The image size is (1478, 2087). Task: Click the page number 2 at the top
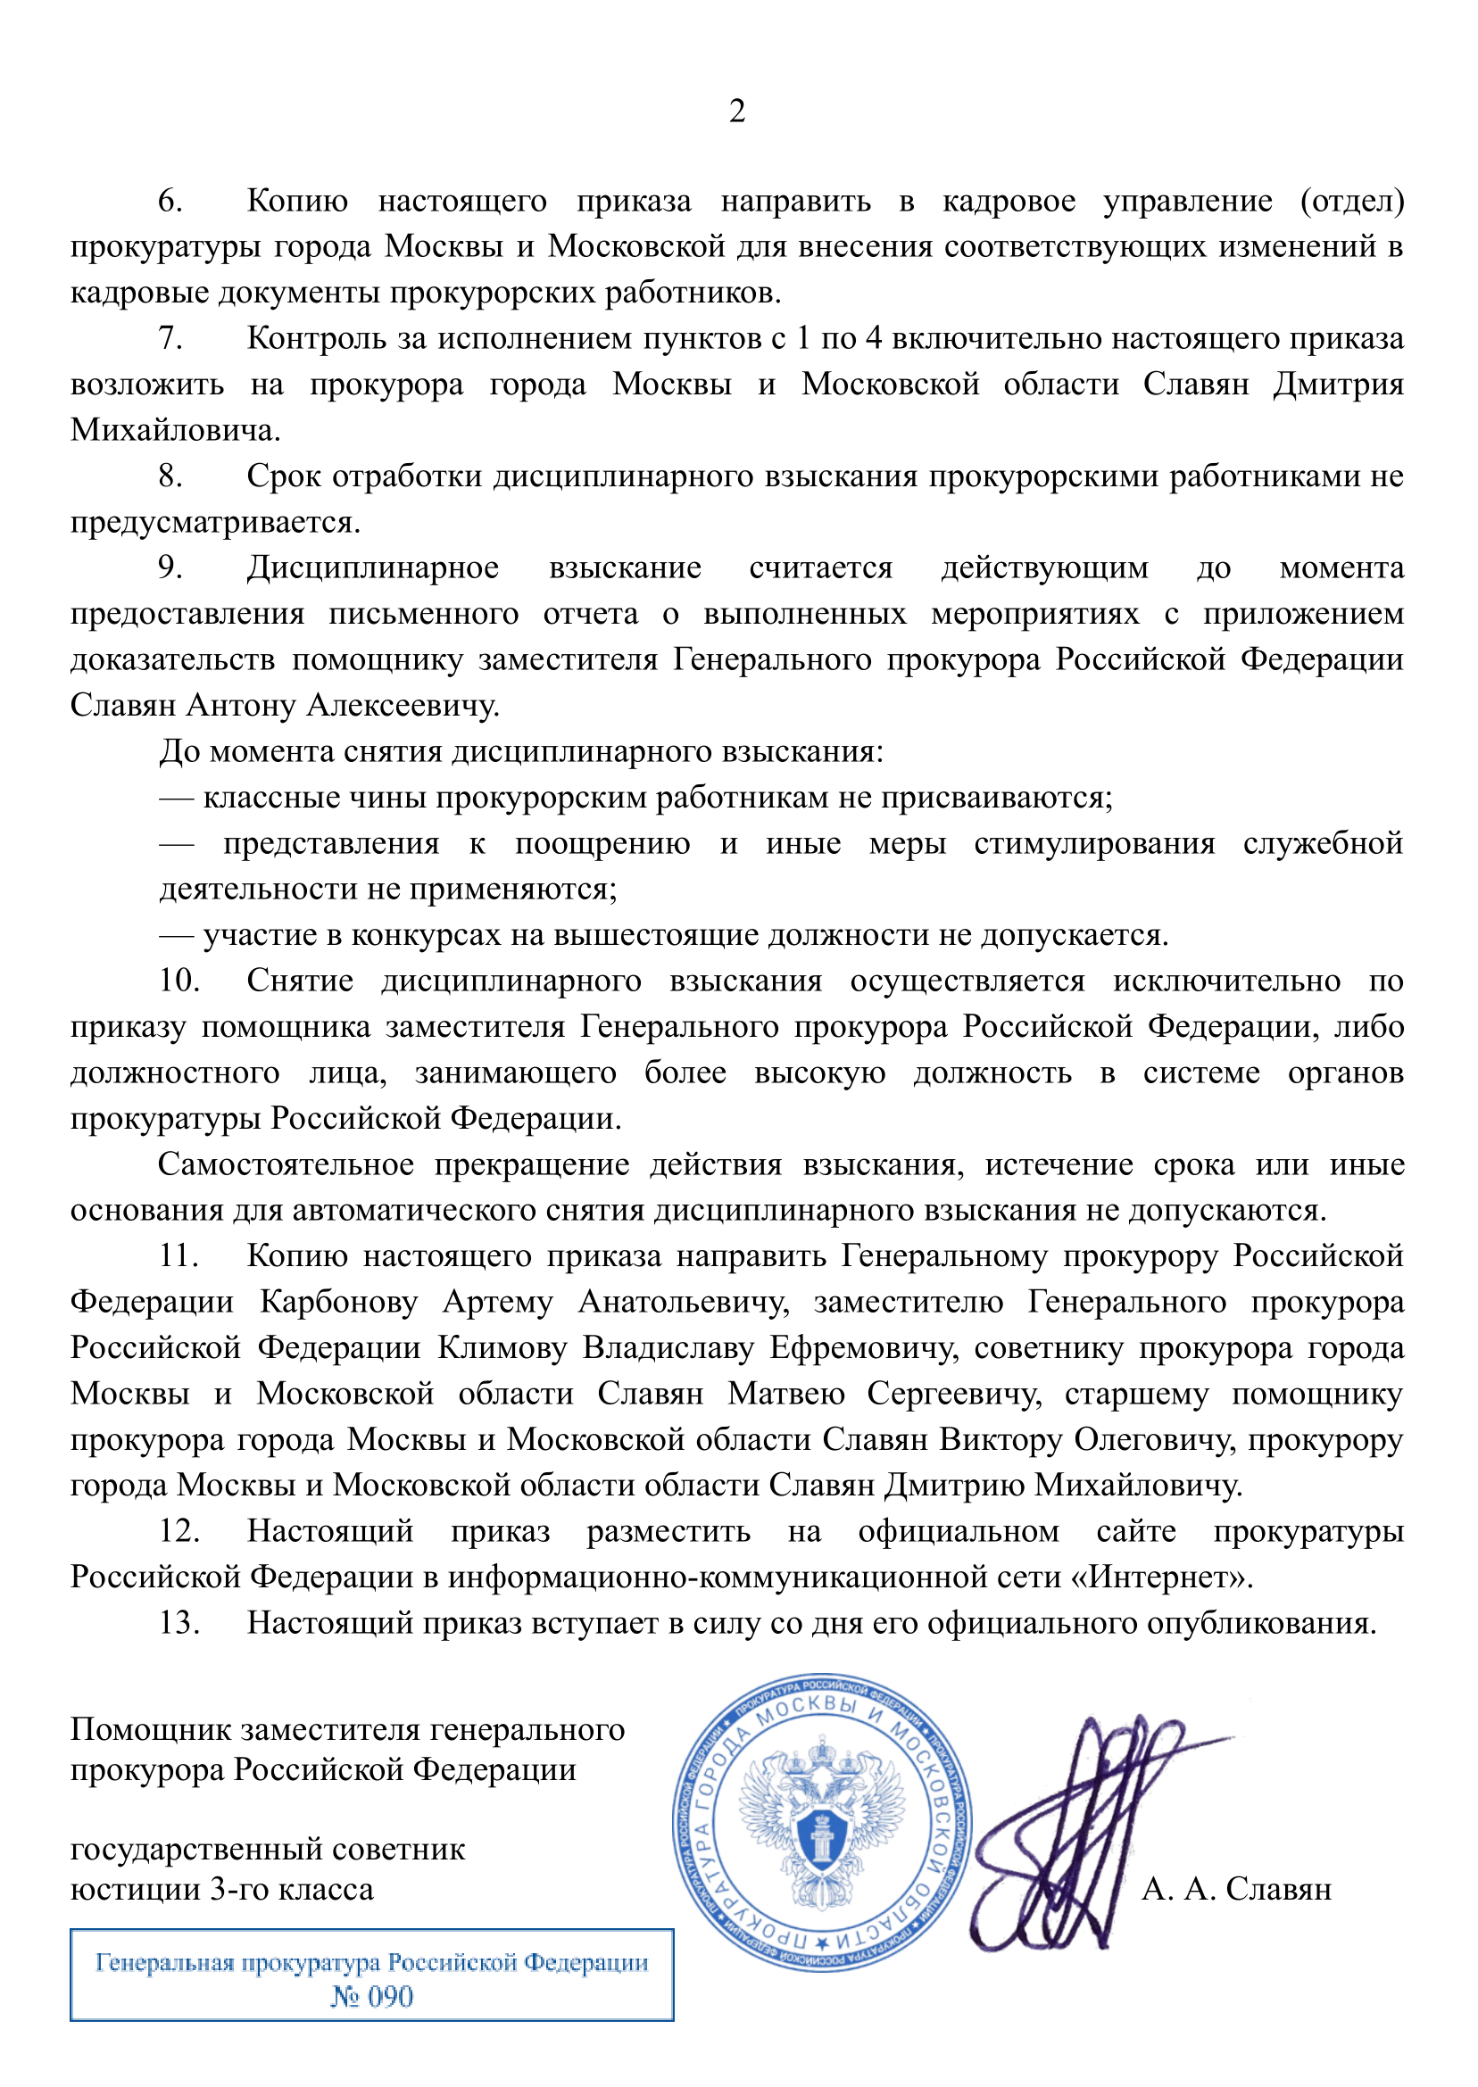(x=737, y=111)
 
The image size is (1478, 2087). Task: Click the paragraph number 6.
(x=170, y=201)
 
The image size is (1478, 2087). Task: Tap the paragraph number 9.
(x=170, y=567)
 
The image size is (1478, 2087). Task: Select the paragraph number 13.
(x=179, y=1622)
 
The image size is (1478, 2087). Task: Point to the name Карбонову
(x=338, y=1302)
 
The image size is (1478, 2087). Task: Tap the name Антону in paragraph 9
(x=244, y=705)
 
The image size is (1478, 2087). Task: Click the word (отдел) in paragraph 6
(x=1351, y=201)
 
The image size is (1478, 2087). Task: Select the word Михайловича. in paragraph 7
(x=176, y=430)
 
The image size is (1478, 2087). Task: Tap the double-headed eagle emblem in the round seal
(x=822, y=1819)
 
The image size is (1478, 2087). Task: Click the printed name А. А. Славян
(x=1236, y=1889)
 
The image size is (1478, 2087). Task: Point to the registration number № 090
(x=371, y=1996)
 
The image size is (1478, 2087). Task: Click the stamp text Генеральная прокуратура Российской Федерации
(x=371, y=1963)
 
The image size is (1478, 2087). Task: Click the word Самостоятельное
(x=286, y=1164)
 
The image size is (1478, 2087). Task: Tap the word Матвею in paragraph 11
(x=786, y=1393)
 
